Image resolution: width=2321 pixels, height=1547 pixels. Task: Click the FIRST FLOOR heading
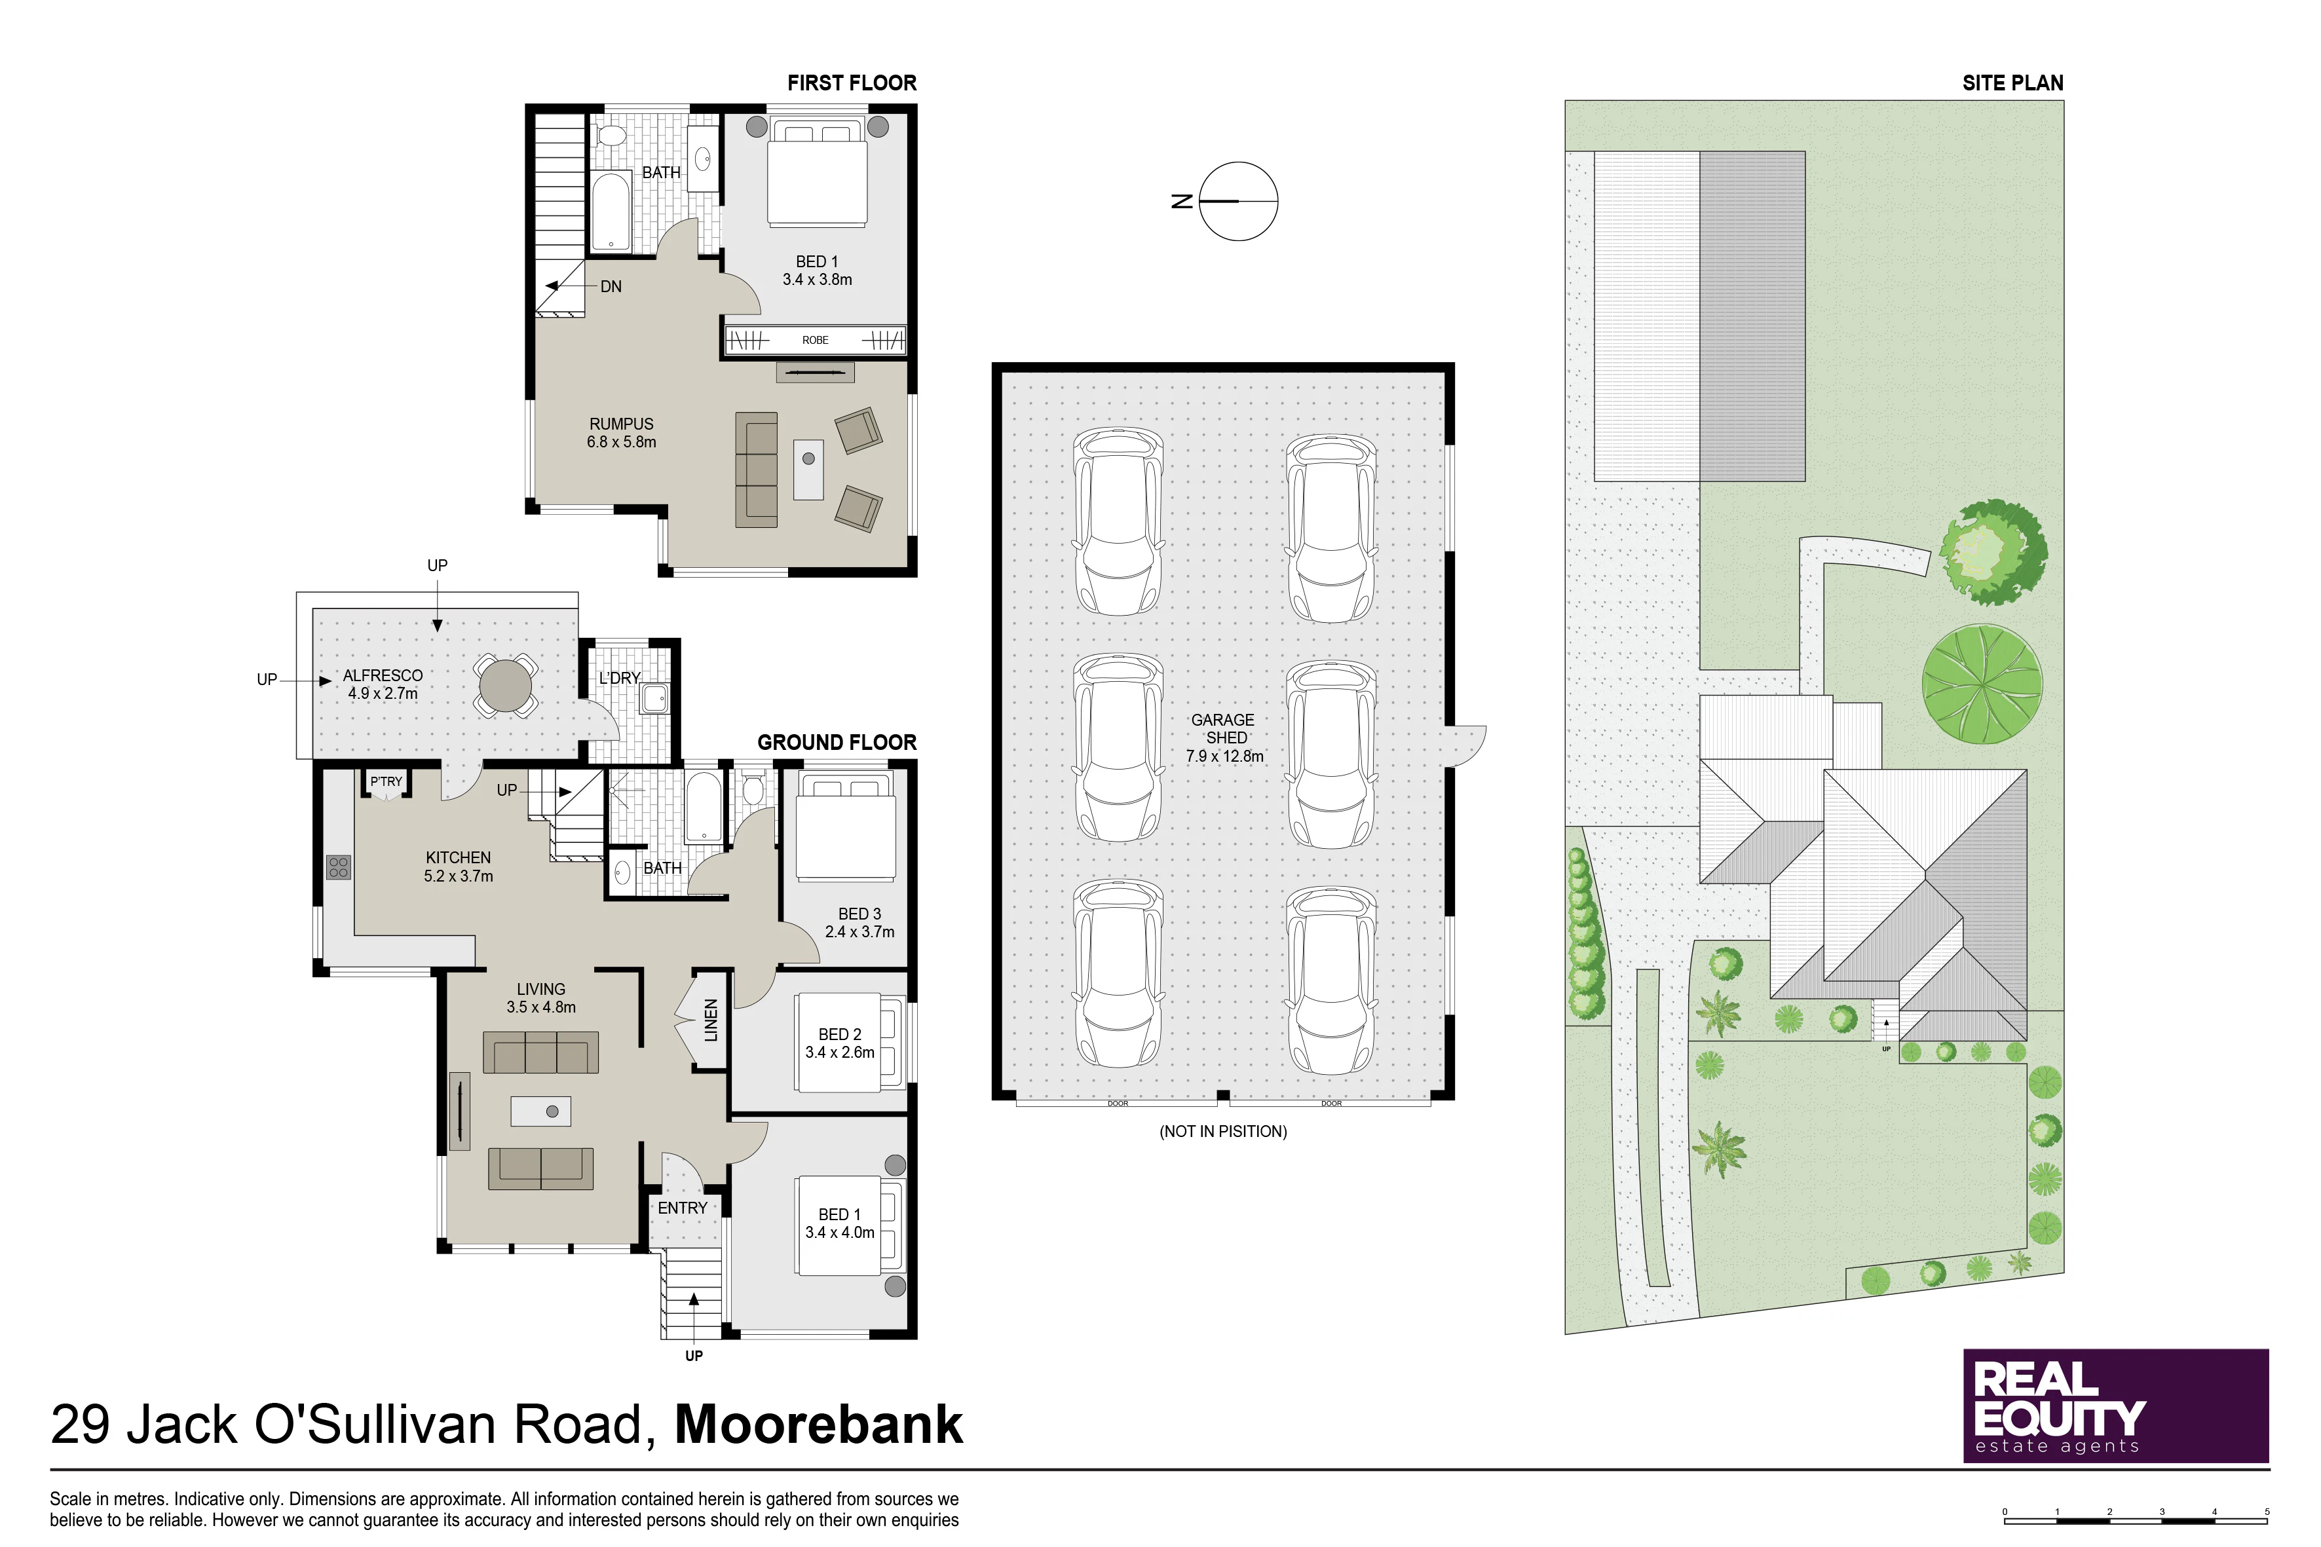pyautogui.click(x=852, y=83)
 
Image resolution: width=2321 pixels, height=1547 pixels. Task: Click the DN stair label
pyautogui.click(x=611, y=287)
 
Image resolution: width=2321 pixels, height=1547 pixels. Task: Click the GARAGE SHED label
pyautogui.click(x=1224, y=729)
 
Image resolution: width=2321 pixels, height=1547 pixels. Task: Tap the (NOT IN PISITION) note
pyautogui.click(x=1224, y=1132)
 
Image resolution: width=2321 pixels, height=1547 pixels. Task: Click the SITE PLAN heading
pyautogui.click(x=2013, y=83)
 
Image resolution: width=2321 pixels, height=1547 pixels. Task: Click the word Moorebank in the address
pyautogui.click(x=819, y=1425)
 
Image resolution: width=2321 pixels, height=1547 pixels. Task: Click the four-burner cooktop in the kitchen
pyautogui.click(x=339, y=867)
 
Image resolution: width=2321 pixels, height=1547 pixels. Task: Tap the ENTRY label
pyautogui.click(x=683, y=1208)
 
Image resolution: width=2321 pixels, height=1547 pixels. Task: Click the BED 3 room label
pyautogui.click(x=859, y=914)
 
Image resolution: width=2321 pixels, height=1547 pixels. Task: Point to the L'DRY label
pyautogui.click(x=620, y=678)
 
